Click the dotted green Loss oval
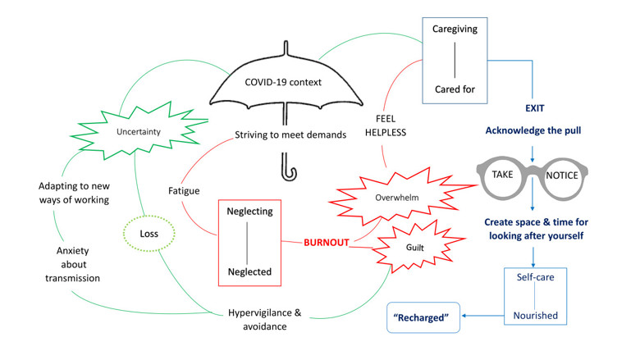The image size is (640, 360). click(x=149, y=232)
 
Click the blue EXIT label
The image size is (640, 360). click(x=534, y=107)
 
